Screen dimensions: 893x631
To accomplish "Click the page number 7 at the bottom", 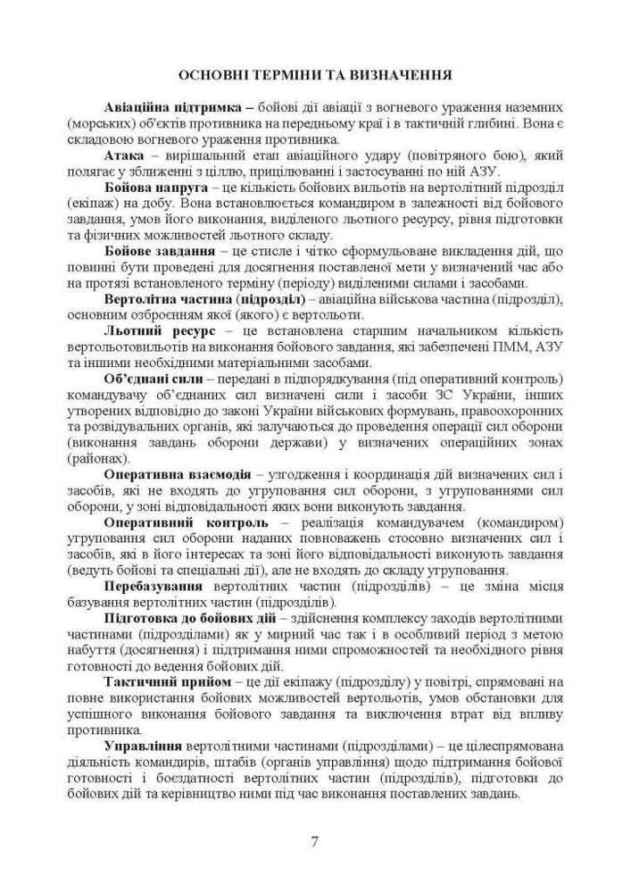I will point(315,841).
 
